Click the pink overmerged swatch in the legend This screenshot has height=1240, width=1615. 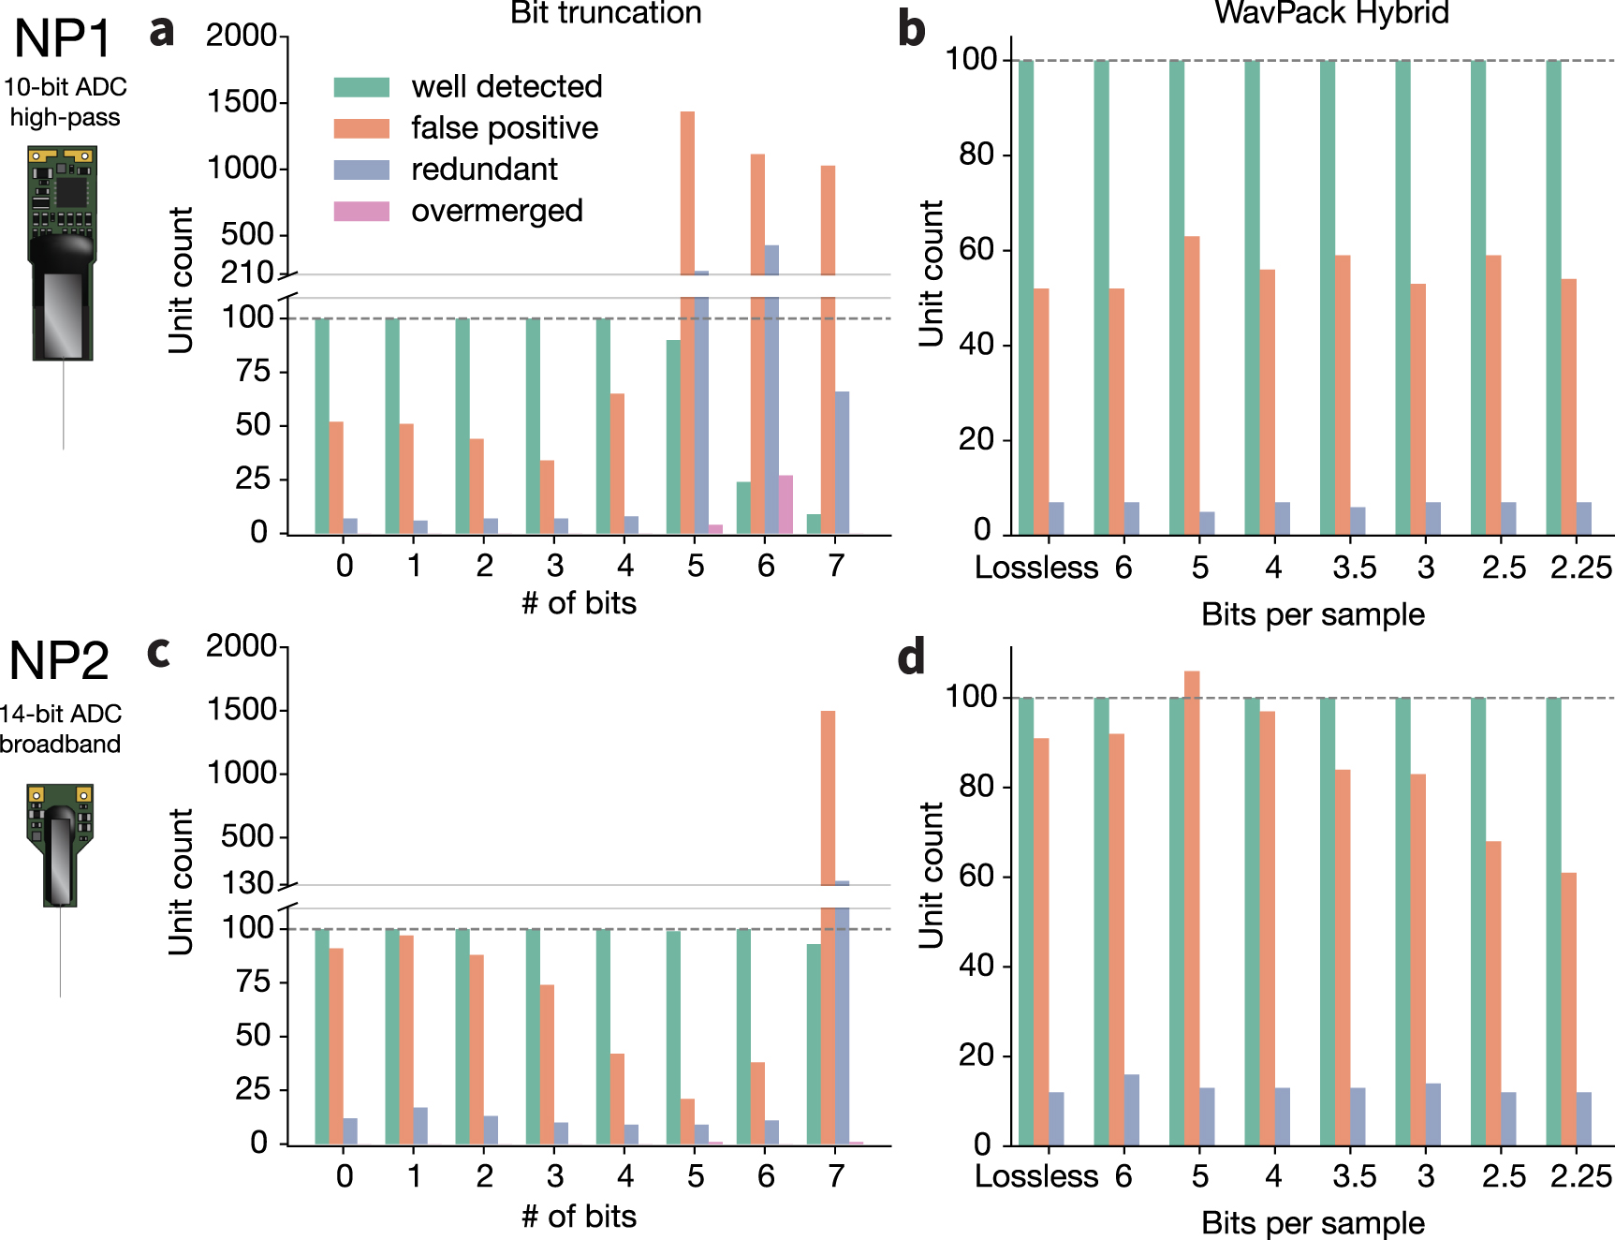pyautogui.click(x=361, y=211)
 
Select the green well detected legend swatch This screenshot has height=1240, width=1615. pyautogui.click(x=361, y=87)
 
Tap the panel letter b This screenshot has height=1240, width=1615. pyautogui.click(x=911, y=28)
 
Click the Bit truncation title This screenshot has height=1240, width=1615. pyautogui.click(x=606, y=13)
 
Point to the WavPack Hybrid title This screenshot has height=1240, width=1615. pyautogui.click(x=1331, y=13)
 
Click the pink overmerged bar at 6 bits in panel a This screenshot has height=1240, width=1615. pyautogui.click(x=786, y=505)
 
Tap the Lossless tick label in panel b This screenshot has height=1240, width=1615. pyautogui.click(x=1036, y=568)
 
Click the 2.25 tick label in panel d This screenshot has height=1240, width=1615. pyautogui.click(x=1581, y=1176)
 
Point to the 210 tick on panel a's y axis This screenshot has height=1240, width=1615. pyautogui.click(x=246, y=273)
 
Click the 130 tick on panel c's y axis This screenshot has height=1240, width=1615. pyautogui.click(x=247, y=883)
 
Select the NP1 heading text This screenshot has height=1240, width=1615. pyautogui.click(x=63, y=39)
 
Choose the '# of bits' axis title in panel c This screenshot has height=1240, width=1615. pyautogui.click(x=579, y=1217)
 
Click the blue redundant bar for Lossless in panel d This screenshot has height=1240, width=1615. pyautogui.click(x=1056, y=1118)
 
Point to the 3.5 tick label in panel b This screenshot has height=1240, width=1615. pyautogui.click(x=1354, y=568)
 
